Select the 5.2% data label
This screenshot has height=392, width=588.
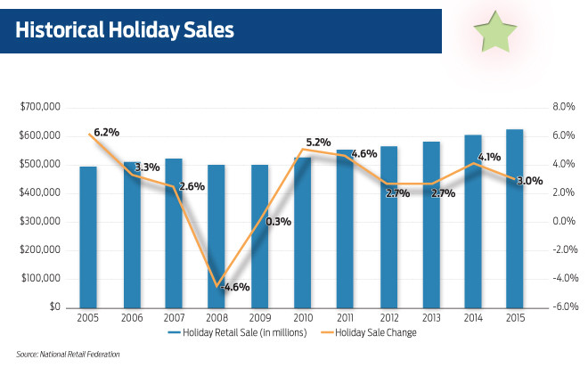(318, 142)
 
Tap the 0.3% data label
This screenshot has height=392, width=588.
(278, 222)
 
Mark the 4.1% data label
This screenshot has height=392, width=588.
(488, 158)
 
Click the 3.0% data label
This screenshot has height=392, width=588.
(530, 181)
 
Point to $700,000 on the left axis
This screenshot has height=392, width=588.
(39, 107)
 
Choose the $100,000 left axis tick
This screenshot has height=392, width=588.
(39, 278)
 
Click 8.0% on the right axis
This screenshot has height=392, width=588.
(566, 107)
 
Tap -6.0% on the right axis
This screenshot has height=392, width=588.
(565, 306)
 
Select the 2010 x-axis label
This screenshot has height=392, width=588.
(302, 318)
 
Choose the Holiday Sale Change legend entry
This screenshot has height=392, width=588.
(378, 333)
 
